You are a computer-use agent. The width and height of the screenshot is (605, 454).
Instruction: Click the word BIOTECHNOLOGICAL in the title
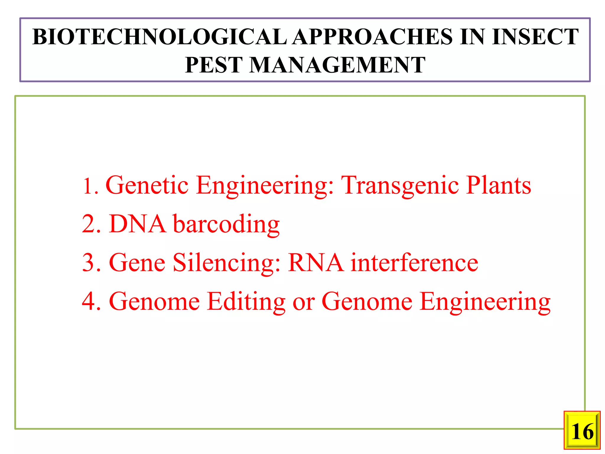click(160, 37)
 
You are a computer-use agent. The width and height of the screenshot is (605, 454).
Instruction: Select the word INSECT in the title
click(535, 37)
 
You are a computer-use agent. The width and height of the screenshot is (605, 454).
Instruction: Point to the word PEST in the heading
click(214, 65)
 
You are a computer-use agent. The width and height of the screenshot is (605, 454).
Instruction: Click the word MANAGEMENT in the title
click(337, 65)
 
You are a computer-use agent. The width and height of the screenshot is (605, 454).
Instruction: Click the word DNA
click(138, 224)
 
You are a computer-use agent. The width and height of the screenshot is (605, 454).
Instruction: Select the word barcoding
click(226, 225)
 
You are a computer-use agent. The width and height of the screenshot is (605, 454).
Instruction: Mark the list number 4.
click(88, 301)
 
